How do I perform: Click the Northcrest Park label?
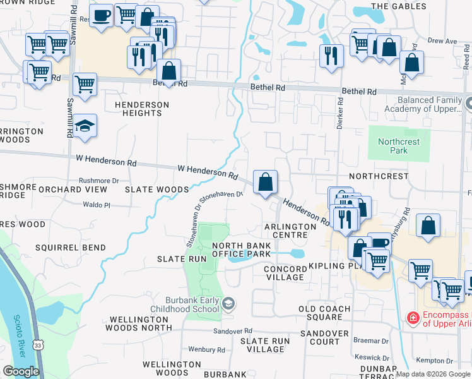point(399,146)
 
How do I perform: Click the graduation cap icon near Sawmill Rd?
point(85,126)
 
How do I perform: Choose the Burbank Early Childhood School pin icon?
point(228,304)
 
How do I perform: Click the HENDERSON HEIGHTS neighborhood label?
point(142,109)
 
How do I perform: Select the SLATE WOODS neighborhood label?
point(156,189)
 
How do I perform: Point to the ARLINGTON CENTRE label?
point(290,231)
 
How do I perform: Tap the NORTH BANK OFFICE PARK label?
point(241,250)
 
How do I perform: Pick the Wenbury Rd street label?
point(206,349)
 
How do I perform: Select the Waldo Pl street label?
point(97,205)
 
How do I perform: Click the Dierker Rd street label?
point(339,112)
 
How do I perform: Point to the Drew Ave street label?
point(442,41)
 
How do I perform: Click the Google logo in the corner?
point(21,371)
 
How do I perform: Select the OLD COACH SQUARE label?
point(329,313)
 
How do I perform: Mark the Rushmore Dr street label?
point(98,181)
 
